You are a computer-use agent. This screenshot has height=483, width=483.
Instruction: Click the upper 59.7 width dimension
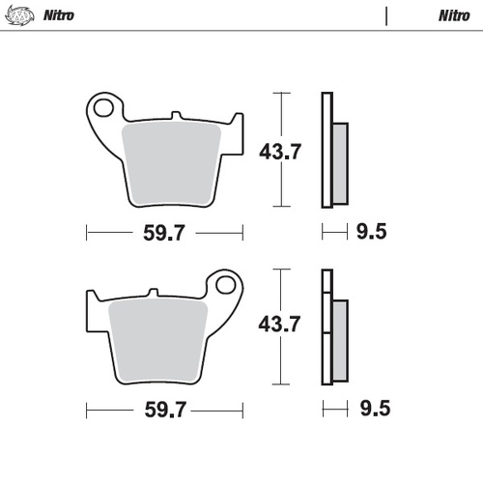[x=165, y=233]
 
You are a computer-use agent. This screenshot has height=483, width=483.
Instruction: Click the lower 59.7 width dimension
[x=165, y=410]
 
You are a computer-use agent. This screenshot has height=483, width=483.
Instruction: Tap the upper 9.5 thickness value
[x=369, y=233]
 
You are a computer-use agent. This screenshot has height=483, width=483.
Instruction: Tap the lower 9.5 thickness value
[x=369, y=410]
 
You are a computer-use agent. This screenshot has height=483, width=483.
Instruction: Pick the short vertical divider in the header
[x=386, y=16]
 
